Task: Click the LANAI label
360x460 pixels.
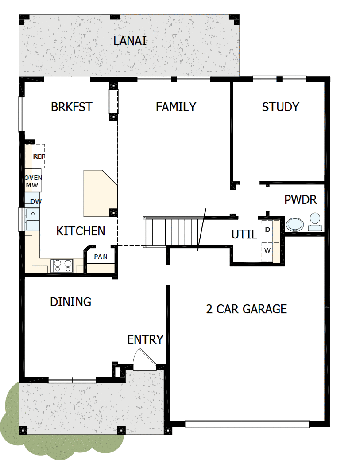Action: pos(130,42)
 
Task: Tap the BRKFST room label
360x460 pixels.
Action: pos(72,107)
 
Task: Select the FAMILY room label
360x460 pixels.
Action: pos(176,107)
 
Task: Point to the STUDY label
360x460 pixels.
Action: pos(280,107)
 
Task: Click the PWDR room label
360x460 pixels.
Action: pos(301,200)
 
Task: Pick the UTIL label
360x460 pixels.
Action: pos(244,234)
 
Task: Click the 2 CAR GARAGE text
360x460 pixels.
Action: pos(246,309)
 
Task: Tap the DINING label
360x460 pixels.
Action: pos(70,302)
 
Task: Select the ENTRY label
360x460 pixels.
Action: pos(145,340)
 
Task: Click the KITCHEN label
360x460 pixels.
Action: pos(81,231)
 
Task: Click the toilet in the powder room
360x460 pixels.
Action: pos(315,222)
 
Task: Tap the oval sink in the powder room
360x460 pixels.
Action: pos(294,224)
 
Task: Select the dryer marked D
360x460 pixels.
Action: pos(268,230)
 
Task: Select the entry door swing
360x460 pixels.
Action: pos(143,359)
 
